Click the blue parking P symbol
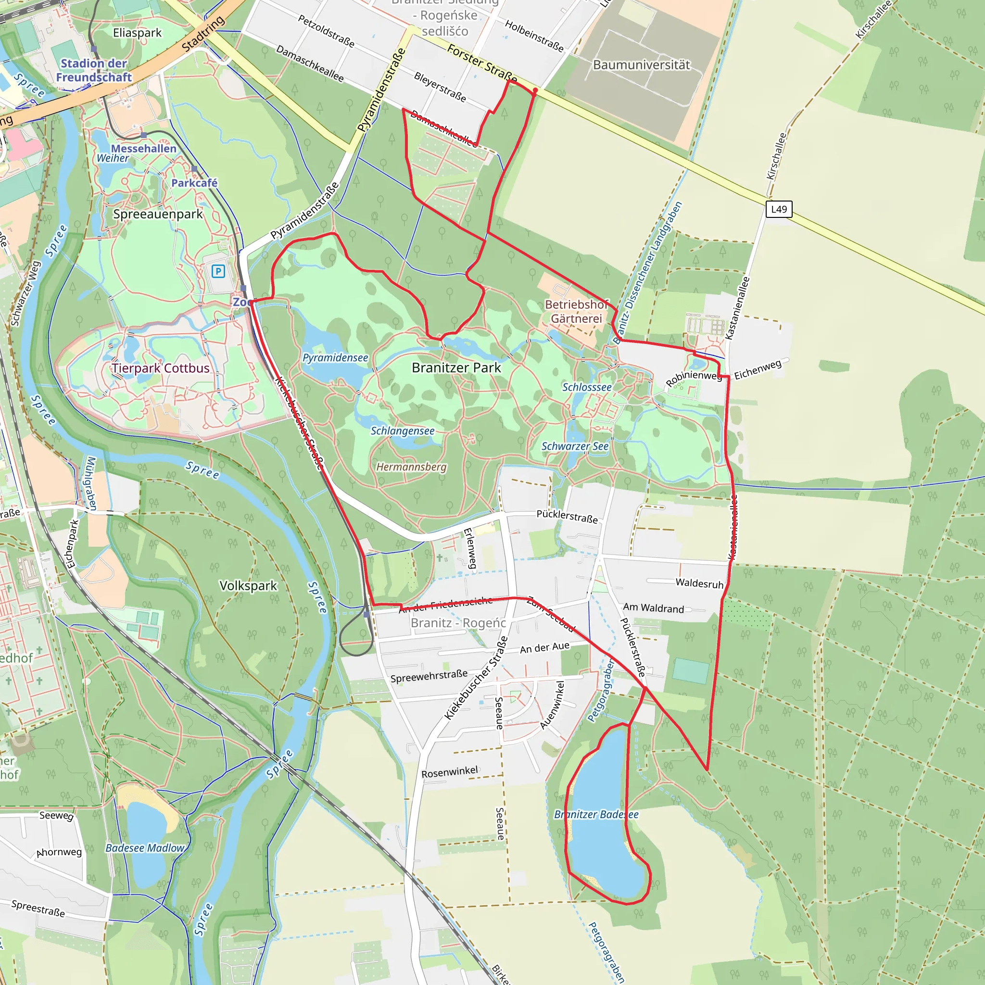point(218,271)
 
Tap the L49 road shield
point(779,209)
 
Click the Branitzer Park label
point(456,367)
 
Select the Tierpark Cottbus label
point(161,368)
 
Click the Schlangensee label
point(402,431)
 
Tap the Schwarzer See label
point(575,446)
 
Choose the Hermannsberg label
point(411,467)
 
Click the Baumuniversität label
point(642,65)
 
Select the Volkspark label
point(248,585)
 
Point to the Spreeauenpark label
point(158,214)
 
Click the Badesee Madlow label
point(145,848)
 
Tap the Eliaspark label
point(137,33)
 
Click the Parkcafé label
point(194,182)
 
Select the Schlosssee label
point(587,387)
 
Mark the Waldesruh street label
point(699,583)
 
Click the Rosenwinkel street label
point(449,772)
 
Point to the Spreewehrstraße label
point(429,676)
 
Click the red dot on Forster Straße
point(535,90)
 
